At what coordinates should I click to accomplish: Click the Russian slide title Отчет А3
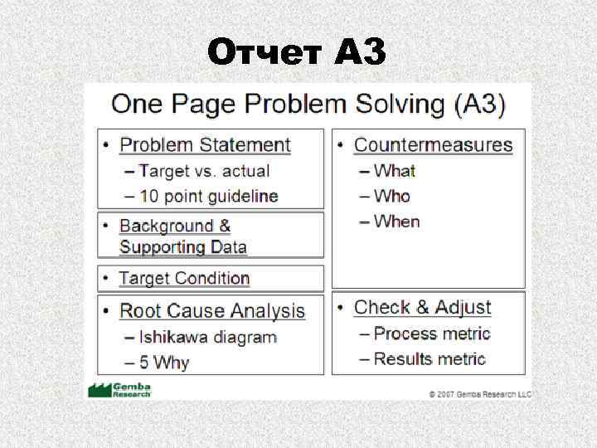point(297,53)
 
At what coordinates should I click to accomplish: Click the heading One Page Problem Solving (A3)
point(308,104)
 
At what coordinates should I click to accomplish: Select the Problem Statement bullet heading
point(205,145)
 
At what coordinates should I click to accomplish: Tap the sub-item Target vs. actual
point(204,171)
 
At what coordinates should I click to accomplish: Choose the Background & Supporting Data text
point(182,236)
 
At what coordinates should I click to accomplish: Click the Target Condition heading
point(184,279)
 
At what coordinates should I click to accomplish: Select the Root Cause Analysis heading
point(212,311)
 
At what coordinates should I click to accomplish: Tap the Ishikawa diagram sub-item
point(207,338)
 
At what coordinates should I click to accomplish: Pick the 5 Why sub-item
point(163,363)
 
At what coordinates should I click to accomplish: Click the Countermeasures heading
point(433,145)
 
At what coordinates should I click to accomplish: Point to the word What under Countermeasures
point(394,171)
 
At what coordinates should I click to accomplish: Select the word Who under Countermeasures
point(392,197)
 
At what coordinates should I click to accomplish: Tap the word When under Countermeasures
point(396,222)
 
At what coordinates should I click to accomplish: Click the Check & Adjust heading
point(422,308)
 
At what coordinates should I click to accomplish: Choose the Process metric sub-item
point(431,334)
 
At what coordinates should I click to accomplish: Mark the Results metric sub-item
point(430,359)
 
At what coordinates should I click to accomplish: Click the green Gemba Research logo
point(119,390)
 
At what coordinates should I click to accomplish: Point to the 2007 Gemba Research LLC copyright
point(480,393)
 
